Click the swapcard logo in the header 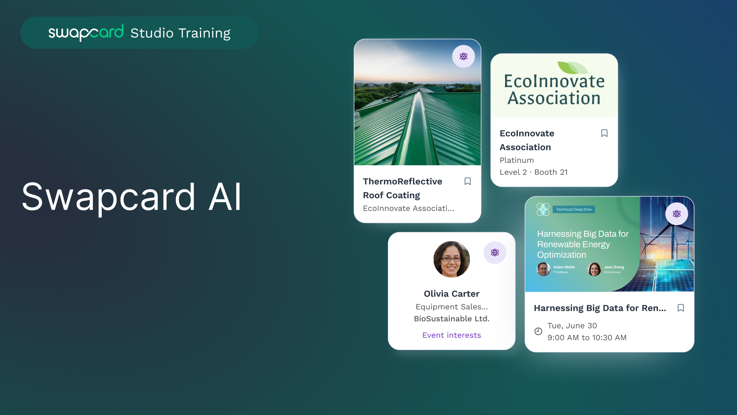click(86, 33)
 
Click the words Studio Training click(180, 33)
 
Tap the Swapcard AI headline click(132, 197)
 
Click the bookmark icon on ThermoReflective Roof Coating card click(467, 181)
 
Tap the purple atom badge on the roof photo click(464, 56)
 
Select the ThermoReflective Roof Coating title click(402, 188)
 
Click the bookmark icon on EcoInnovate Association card click(604, 133)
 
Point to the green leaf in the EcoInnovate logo click(572, 68)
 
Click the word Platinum click(517, 160)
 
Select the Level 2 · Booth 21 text click(533, 172)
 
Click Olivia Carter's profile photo click(452, 259)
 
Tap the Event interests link click(452, 335)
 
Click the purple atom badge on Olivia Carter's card click(495, 252)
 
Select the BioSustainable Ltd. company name click(452, 319)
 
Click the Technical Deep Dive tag click(574, 209)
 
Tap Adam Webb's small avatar click(543, 269)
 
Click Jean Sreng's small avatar click(594, 269)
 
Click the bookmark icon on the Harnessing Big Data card click(681, 308)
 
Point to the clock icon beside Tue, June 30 click(538, 331)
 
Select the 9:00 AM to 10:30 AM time click(587, 337)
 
